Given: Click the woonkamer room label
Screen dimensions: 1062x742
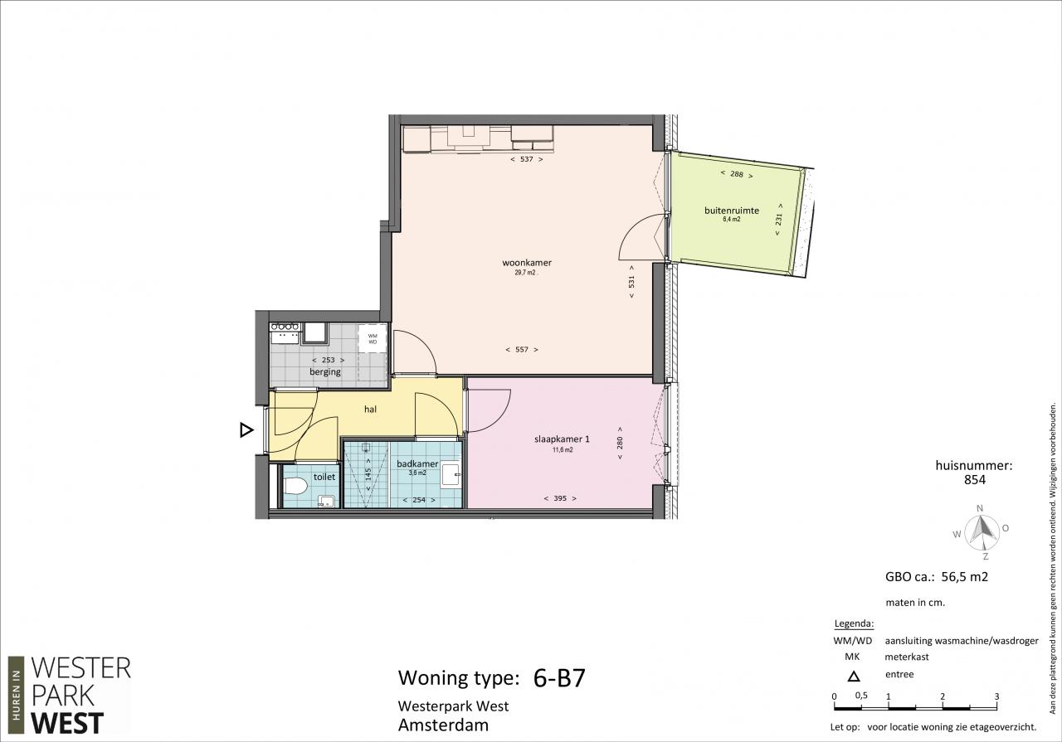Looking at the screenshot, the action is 527,263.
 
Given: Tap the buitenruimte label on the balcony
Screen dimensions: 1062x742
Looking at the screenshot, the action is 732,211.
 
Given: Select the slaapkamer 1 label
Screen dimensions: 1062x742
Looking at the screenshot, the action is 562,439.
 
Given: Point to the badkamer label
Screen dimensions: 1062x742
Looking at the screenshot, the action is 417,464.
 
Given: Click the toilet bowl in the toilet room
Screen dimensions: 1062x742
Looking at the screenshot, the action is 295,486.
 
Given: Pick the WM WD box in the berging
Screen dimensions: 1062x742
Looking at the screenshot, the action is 373,339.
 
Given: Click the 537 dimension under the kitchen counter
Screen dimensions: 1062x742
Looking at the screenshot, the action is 527,159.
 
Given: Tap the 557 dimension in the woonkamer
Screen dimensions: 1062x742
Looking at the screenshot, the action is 522,350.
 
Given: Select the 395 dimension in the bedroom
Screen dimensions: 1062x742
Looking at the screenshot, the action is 560,498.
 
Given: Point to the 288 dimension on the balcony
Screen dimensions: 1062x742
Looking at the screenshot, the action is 737,174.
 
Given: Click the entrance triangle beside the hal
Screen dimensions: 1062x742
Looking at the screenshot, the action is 246,429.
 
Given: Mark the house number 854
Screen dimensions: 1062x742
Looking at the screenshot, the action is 975,480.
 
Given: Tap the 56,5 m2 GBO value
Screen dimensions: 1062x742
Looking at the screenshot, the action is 964,577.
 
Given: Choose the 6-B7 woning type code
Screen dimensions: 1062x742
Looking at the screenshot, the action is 559,678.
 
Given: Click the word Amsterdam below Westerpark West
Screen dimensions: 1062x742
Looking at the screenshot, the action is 443,725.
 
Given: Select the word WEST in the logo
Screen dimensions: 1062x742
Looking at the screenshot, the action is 67,723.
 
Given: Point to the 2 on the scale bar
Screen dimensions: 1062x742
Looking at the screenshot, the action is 943,696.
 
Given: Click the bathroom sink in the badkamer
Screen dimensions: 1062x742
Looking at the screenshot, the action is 451,475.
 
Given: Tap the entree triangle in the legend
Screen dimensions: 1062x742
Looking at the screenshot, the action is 854,677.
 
